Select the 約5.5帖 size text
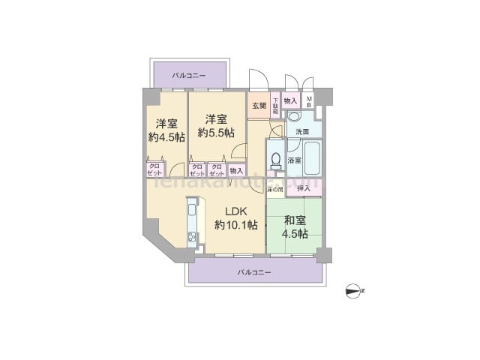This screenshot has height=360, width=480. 216,132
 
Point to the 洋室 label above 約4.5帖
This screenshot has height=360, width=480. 166,124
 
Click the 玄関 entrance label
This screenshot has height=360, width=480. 259,105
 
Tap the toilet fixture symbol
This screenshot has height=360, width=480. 274,161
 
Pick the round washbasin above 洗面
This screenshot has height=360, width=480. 294,118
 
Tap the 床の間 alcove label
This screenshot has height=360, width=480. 275,189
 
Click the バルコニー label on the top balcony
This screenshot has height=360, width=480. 189,76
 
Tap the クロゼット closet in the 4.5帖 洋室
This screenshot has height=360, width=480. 154,169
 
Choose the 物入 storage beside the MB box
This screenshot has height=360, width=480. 292,100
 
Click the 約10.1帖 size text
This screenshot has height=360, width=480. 236,225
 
